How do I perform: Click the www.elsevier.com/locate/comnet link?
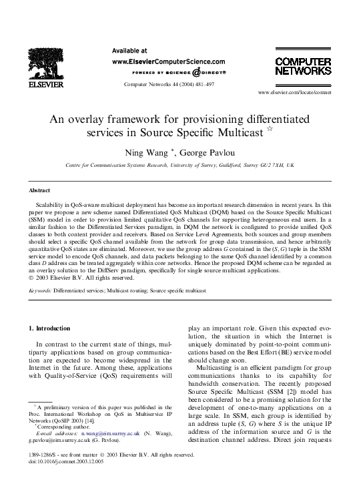(294, 92)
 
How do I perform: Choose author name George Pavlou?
(196, 152)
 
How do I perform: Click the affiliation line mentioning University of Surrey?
(179, 164)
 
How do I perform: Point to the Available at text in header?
(129, 50)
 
